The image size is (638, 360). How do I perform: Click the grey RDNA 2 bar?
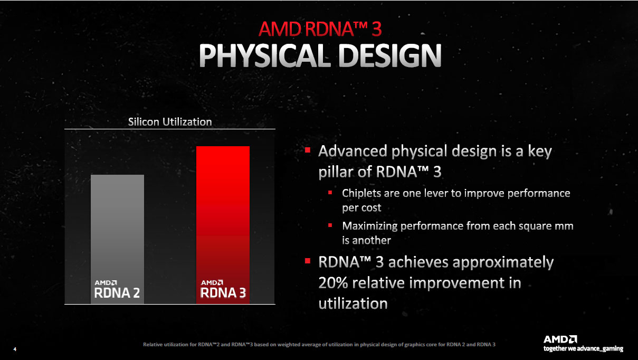point(117,227)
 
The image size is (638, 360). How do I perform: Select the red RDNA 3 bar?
point(223,211)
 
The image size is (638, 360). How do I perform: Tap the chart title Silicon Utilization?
point(170,122)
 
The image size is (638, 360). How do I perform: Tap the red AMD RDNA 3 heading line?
point(320,28)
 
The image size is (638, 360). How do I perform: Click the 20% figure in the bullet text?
point(335,283)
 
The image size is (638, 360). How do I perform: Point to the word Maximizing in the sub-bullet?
point(369,226)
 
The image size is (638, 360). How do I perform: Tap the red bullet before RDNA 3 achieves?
point(307,261)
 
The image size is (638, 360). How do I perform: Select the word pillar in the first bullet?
point(337,172)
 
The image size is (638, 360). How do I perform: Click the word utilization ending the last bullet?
point(353,304)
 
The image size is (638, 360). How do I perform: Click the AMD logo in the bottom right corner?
point(560,339)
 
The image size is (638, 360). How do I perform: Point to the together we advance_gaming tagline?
point(583,348)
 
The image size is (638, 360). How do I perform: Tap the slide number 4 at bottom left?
point(15,349)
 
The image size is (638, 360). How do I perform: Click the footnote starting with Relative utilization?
point(319,345)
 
